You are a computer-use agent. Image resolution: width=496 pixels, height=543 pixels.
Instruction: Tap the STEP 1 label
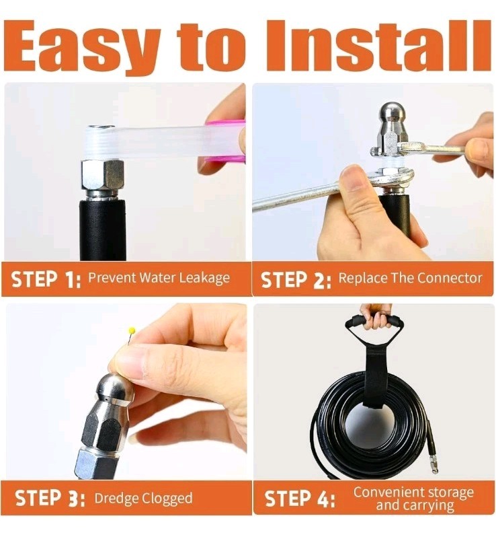point(45,279)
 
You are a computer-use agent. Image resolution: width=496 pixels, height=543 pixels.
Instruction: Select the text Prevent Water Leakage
point(159,278)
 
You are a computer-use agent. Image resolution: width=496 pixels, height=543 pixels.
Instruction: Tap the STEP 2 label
point(296,280)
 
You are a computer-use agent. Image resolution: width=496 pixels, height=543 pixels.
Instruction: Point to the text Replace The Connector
point(410,278)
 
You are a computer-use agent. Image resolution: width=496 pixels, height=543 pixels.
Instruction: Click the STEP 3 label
point(50,499)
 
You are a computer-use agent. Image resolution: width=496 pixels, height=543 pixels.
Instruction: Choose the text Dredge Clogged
point(143,499)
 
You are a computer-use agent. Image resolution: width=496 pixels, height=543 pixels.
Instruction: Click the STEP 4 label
point(300,499)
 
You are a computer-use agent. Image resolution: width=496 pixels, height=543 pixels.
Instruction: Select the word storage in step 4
point(449,492)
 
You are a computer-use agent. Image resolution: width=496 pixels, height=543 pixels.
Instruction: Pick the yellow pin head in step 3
point(132,331)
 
